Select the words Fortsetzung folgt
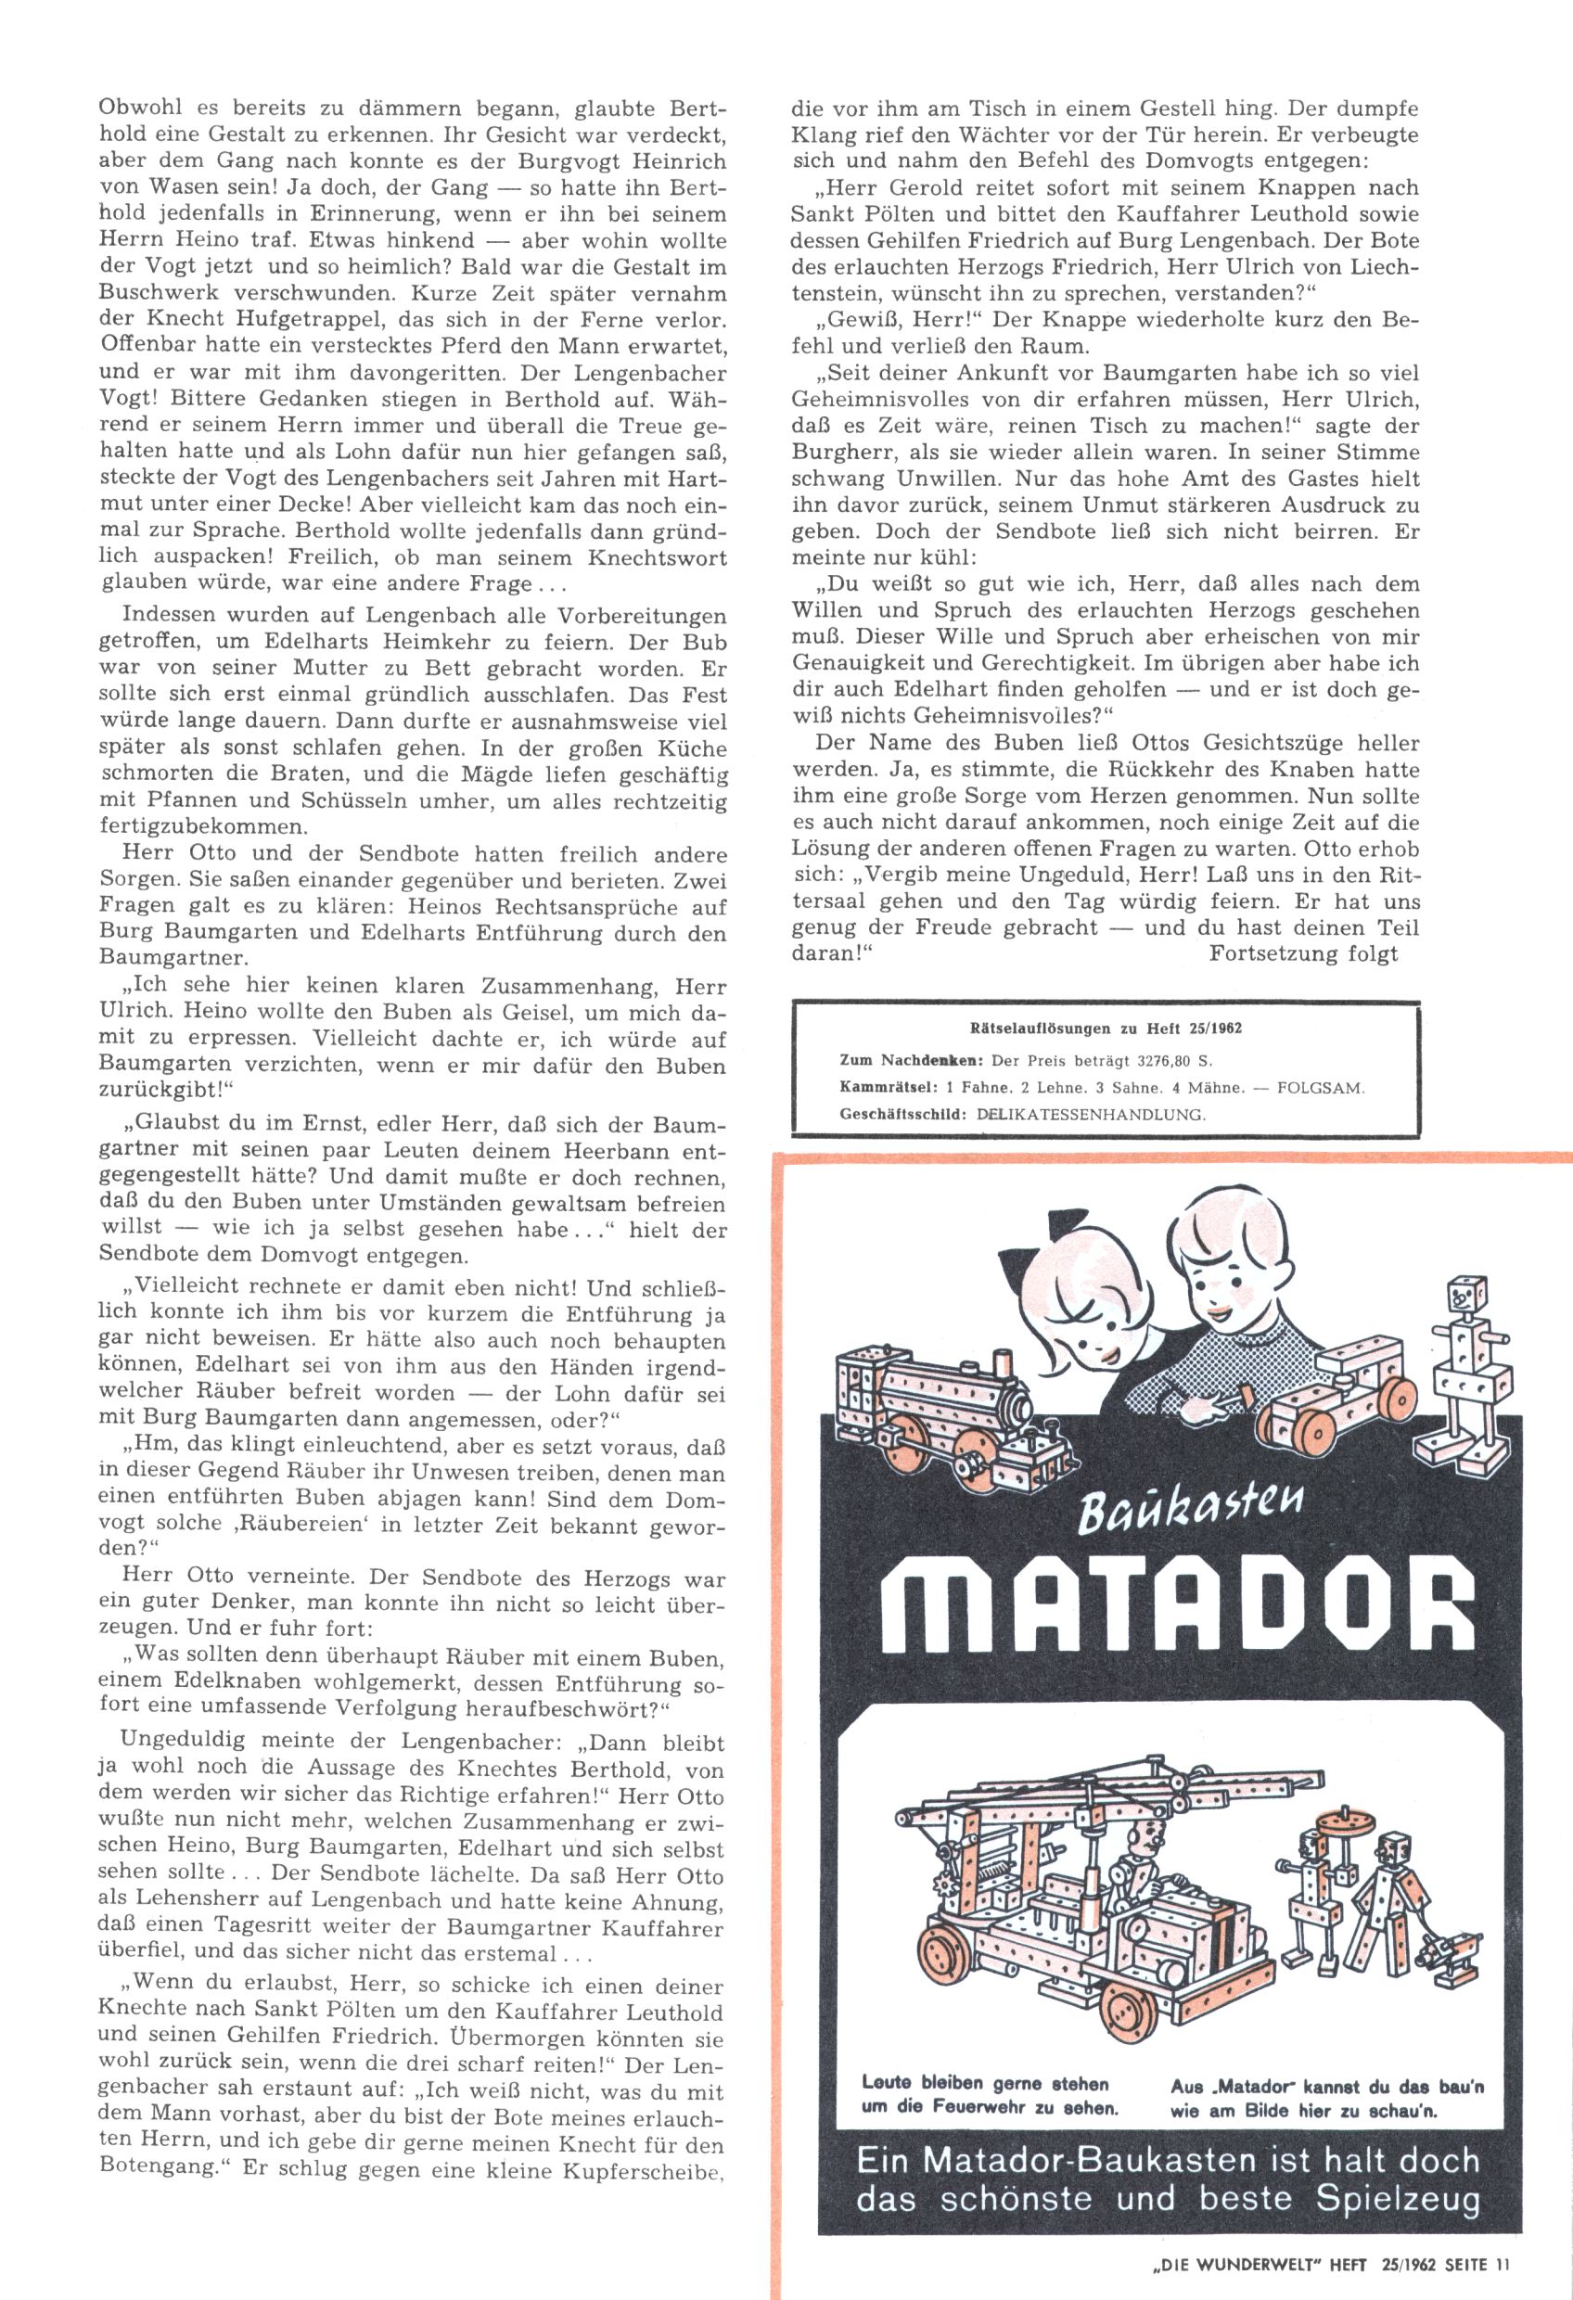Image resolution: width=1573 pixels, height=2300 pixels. [x=1303, y=954]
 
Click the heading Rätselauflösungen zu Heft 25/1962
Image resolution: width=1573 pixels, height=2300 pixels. [x=1106, y=1029]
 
